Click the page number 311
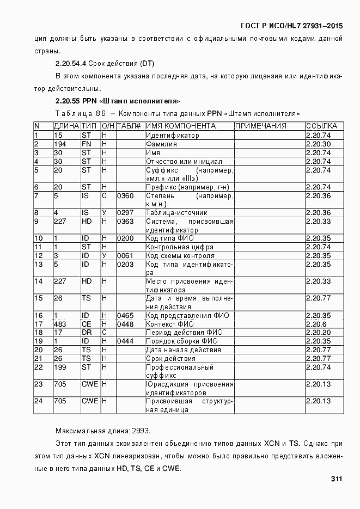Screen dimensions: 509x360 tap(335, 479)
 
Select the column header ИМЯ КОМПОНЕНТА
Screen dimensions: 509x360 tap(180, 126)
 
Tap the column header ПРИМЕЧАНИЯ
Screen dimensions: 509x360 tap(260, 126)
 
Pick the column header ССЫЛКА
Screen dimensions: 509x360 tap(321, 126)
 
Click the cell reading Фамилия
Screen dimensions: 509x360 tap(161, 144)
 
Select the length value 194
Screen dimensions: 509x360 tap(60, 144)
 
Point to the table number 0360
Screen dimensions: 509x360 tap(125, 195)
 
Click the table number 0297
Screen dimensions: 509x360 tap(125, 212)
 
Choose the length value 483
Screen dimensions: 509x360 tap(60, 324)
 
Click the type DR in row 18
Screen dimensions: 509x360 tap(86, 332)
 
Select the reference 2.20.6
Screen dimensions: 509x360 tap(316, 324)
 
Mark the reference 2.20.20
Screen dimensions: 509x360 tap(318, 332)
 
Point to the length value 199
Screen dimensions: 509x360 tap(60, 367)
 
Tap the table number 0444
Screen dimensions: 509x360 tap(125, 341)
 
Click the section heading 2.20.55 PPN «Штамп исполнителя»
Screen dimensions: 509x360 tap(118, 101)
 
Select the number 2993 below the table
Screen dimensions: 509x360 tap(141, 431)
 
